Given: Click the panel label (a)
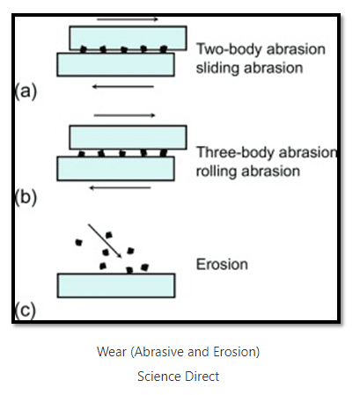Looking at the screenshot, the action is tap(26, 91).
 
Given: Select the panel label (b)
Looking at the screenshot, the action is tap(26, 197).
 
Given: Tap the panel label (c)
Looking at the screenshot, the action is tap(26, 310).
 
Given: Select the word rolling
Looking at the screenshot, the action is tap(216, 172).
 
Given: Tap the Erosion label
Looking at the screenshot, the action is tap(222, 264).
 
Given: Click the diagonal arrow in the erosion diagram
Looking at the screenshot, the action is tap(105, 241).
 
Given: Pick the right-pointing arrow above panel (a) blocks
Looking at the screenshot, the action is tap(128, 19).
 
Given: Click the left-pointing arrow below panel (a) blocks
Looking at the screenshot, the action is tap(123, 86).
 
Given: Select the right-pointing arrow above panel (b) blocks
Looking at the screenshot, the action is tap(124, 115).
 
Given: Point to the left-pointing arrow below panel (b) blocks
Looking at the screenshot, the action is tap(120, 187).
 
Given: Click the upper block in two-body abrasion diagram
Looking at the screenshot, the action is tap(128, 38).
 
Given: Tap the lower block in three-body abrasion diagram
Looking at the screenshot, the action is tap(116, 169).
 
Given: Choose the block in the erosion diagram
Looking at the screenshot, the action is tap(116, 286).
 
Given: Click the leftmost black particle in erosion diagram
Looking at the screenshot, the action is tap(78, 242).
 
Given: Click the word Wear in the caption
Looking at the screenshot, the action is tap(112, 352).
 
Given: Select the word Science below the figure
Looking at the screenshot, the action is tap(156, 377).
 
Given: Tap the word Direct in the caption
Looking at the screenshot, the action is tap(198, 377).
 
